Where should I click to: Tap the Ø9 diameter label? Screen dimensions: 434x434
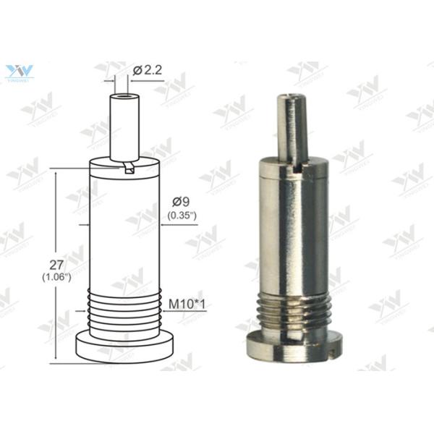click(182, 203)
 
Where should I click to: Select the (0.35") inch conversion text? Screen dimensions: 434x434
click(182, 216)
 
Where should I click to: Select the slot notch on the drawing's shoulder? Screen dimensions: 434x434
click(129, 168)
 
